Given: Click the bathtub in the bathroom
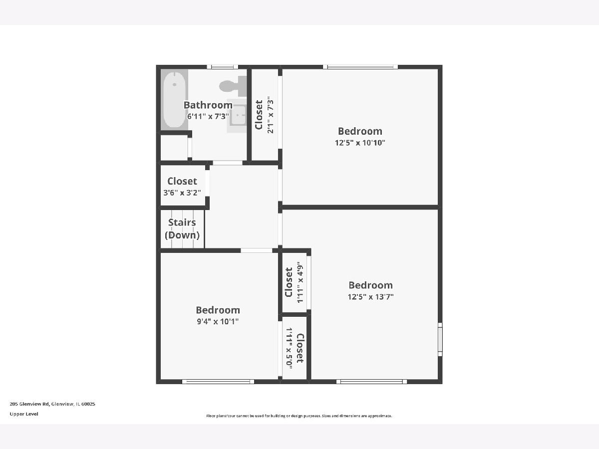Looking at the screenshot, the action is point(174,100).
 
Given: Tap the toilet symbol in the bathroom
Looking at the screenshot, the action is point(233,86).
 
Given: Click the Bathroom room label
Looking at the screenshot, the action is point(208,105).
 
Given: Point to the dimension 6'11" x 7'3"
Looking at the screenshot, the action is point(208,116).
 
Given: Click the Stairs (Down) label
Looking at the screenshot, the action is point(182,228).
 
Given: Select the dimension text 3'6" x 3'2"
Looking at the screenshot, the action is point(182,193).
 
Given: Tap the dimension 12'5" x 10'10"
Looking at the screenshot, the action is point(360,143).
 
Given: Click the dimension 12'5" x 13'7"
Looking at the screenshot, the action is point(370,297).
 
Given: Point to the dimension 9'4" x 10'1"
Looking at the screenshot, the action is point(218,321).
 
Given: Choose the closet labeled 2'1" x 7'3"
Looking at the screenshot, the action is point(265,115).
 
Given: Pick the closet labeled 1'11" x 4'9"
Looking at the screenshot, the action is point(294,282).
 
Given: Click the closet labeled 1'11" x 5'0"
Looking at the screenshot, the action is point(295,348).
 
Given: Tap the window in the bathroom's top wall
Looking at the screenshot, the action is point(223,67).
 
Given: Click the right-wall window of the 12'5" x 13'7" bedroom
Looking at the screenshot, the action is point(440,340).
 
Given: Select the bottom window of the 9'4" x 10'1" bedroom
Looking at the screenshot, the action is point(218,382).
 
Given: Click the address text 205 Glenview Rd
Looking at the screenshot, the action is point(29,404).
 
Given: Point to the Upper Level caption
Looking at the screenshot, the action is point(24,414).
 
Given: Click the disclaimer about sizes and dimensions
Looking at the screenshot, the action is point(299,416).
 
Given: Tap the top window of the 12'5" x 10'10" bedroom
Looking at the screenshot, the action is point(360,67).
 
